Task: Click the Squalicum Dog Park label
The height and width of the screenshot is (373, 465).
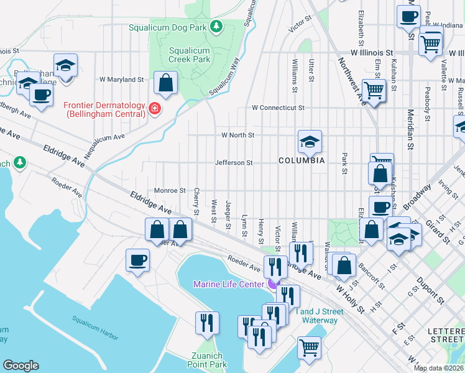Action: (x=168, y=27)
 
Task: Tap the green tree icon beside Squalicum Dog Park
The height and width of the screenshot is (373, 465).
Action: (x=216, y=26)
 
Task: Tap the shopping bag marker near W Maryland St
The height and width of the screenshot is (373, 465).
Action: (x=166, y=83)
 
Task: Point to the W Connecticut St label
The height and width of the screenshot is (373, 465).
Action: (x=278, y=108)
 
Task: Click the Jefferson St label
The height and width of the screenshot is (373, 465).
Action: (x=233, y=163)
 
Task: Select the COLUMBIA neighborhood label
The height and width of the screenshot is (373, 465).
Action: (x=302, y=160)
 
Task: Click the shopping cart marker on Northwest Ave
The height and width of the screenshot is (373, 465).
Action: (x=374, y=90)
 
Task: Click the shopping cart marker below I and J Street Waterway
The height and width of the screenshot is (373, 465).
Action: (x=308, y=348)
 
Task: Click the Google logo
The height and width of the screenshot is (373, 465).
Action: (x=21, y=366)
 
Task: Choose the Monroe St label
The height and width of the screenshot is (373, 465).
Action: (x=170, y=190)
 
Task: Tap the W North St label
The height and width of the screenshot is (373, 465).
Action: (x=237, y=135)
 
